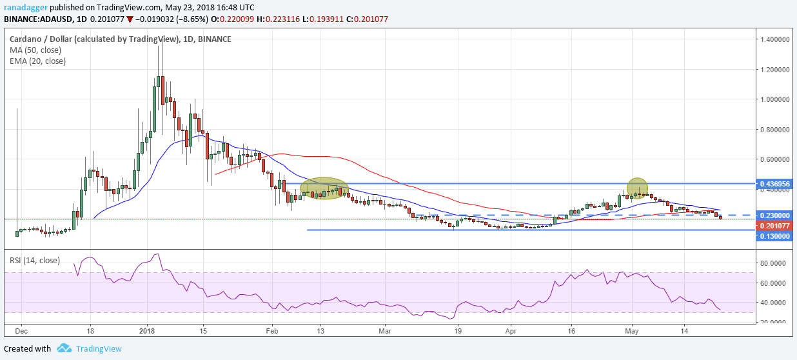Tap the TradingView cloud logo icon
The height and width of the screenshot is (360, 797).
64,348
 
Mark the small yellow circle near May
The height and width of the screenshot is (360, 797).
637,187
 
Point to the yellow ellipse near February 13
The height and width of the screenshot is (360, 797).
324,188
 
